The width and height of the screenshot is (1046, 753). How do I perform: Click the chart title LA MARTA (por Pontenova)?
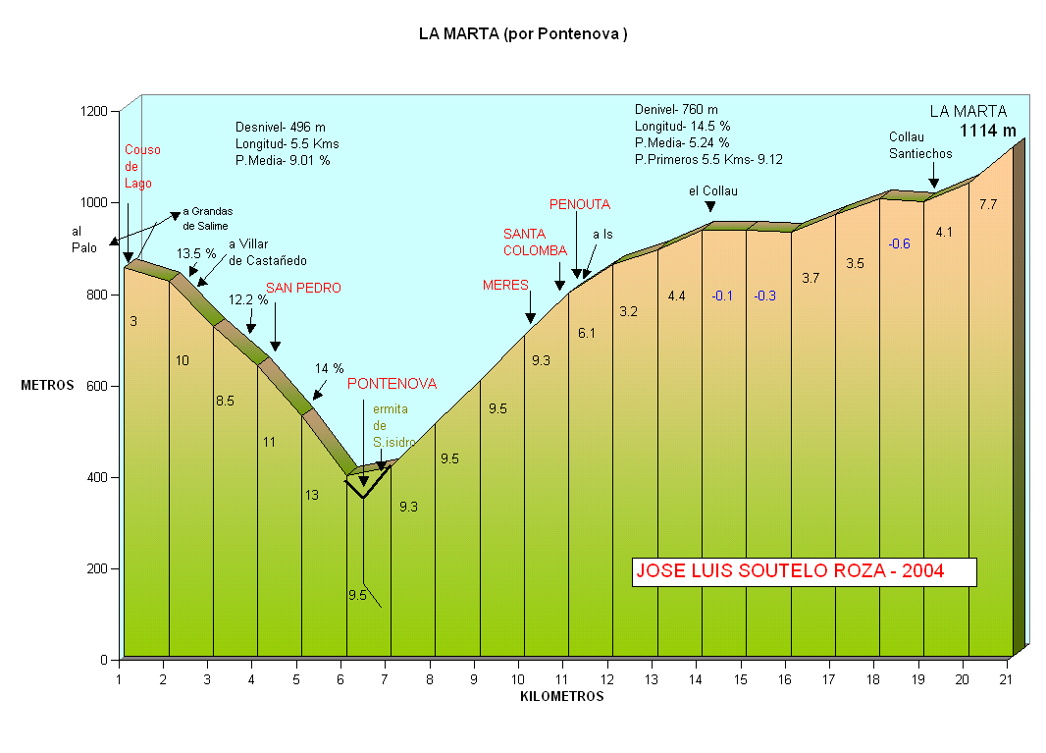pyautogui.click(x=522, y=34)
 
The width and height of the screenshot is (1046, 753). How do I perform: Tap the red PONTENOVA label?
pyautogui.click(x=392, y=384)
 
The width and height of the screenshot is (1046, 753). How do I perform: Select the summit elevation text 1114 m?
pyautogui.click(x=987, y=130)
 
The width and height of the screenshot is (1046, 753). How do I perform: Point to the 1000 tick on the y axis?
pyautogui.click(x=95, y=202)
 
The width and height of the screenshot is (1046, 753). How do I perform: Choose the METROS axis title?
pyautogui.click(x=47, y=386)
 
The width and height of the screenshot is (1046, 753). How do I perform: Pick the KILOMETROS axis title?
pyautogui.click(x=561, y=697)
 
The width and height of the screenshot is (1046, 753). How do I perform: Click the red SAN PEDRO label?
pyautogui.click(x=303, y=289)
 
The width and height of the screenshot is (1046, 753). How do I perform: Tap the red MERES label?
pyautogui.click(x=505, y=286)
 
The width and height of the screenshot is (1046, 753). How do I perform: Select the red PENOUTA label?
pyautogui.click(x=579, y=205)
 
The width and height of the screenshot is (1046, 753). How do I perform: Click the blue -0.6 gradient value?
pyautogui.click(x=899, y=244)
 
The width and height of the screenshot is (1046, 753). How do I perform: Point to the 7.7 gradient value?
pyautogui.click(x=988, y=204)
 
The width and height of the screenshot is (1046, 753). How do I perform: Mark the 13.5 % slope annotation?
pyautogui.click(x=196, y=253)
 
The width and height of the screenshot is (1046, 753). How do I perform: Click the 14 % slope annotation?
pyautogui.click(x=329, y=369)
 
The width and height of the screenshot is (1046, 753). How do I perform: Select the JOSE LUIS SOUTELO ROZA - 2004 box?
pyautogui.click(x=804, y=571)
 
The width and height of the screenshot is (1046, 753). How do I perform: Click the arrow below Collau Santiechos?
pyautogui.click(x=933, y=181)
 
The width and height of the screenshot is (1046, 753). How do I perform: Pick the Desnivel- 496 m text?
pyautogui.click(x=280, y=127)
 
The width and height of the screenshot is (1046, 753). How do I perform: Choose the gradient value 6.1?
pyautogui.click(x=586, y=334)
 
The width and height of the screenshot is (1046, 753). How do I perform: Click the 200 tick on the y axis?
pyautogui.click(x=98, y=568)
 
